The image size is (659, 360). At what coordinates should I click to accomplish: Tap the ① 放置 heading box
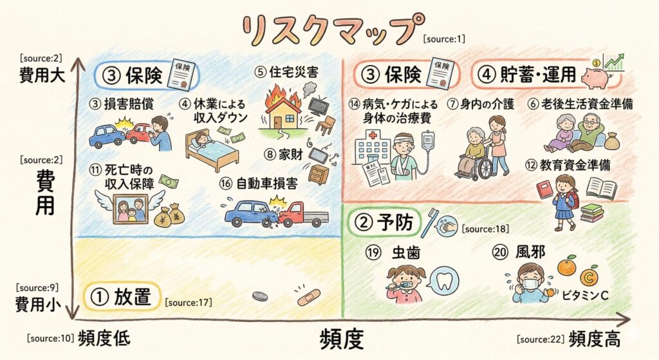pos(122,297)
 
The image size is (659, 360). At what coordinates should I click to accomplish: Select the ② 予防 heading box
pos(385,223)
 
